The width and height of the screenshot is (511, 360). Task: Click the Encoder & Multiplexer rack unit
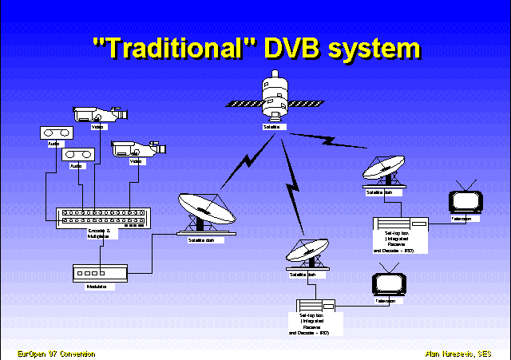coord(102,216)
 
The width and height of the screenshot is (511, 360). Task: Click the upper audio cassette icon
coord(53,133)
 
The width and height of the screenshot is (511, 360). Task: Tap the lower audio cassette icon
coord(77,153)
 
